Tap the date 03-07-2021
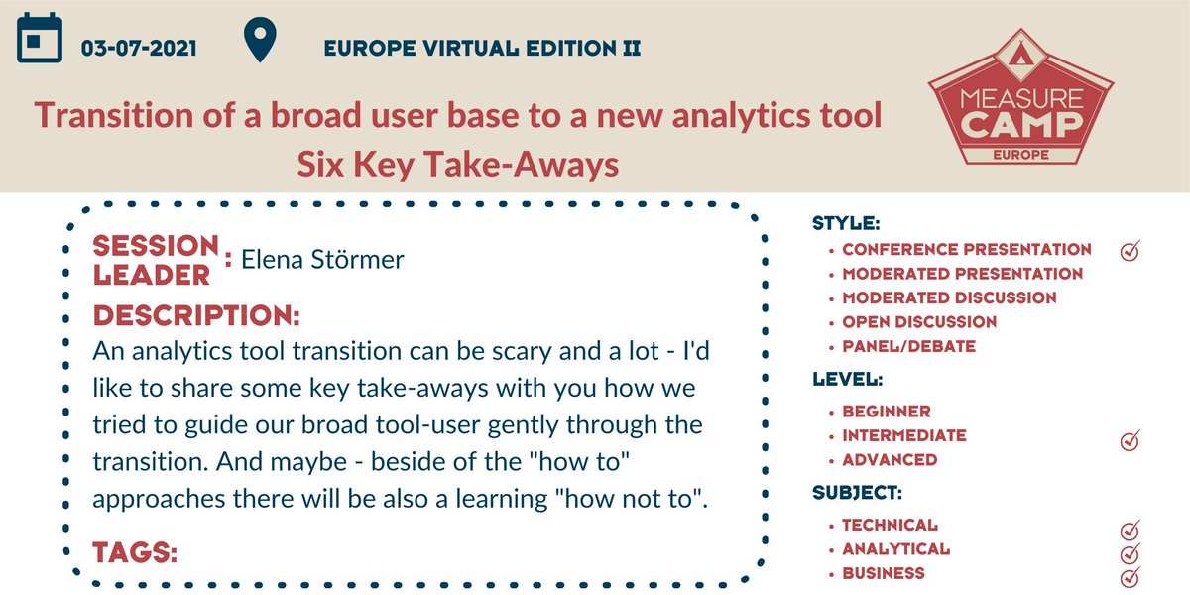[140, 48]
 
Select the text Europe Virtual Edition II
[482, 48]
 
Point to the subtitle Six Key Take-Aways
[458, 165]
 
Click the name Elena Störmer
[323, 260]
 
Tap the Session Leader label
[156, 260]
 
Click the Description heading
[196, 316]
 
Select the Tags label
[135, 552]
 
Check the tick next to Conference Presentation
[1130, 251]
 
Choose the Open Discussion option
[919, 322]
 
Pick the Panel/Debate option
[908, 347]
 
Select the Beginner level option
[886, 412]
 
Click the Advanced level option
[890, 460]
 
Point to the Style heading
[846, 223]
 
